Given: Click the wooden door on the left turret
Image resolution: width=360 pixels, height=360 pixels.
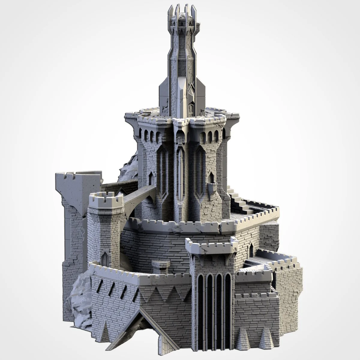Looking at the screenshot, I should coord(105,259).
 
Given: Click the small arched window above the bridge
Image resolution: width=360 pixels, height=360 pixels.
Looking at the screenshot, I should coord(151,179).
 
